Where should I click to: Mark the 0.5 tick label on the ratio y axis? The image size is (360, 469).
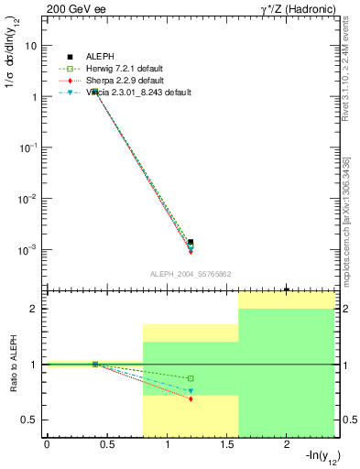tap(30, 420)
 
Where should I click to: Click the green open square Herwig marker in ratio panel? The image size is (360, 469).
tap(191, 378)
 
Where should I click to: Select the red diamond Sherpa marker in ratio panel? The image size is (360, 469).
tap(191, 399)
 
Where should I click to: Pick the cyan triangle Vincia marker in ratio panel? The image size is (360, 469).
tap(191, 391)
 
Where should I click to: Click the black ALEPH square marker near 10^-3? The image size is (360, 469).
tap(191, 243)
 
